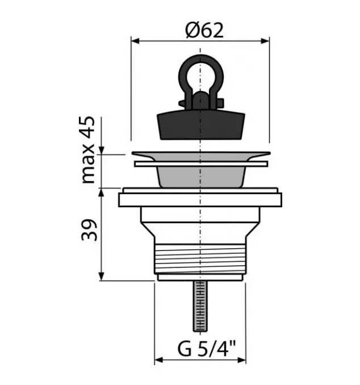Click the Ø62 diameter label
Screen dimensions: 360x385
[x=204, y=30]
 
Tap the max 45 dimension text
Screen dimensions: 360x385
[x=88, y=150]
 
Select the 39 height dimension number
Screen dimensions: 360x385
[x=89, y=230]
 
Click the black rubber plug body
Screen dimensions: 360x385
[x=201, y=125]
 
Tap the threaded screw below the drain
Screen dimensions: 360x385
[x=200, y=306]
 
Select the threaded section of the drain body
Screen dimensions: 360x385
[x=200, y=259]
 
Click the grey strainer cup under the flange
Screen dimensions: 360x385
[x=201, y=177]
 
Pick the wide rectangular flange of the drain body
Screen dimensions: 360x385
[x=200, y=200]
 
